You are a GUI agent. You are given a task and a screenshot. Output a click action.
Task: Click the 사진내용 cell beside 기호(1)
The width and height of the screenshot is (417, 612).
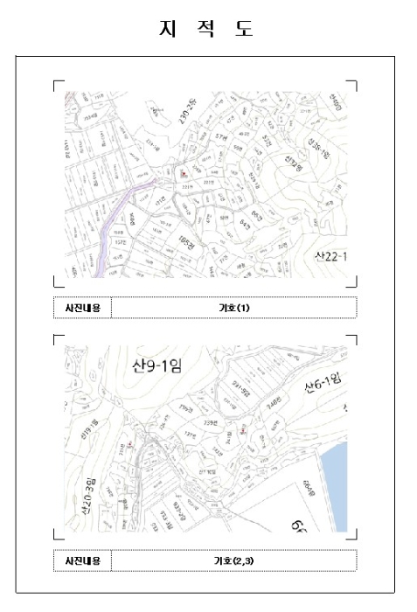tap(82, 308)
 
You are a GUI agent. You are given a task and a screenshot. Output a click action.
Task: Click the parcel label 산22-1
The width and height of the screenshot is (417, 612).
tap(331, 255)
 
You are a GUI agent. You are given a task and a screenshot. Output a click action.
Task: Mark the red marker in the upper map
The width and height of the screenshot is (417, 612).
tap(182, 173)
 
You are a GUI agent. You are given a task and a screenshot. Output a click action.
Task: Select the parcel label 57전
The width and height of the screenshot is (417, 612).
tap(221, 137)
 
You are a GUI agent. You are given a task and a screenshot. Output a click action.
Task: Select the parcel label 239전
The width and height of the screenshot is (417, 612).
tap(210, 422)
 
